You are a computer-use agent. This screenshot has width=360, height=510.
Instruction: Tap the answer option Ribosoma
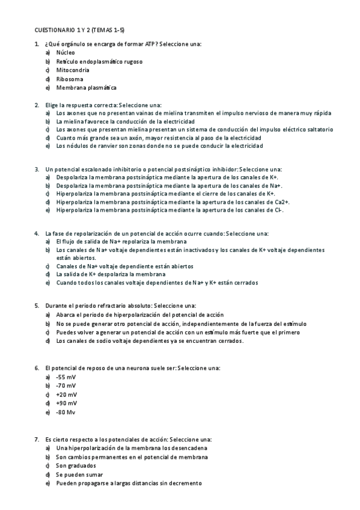click(69, 79)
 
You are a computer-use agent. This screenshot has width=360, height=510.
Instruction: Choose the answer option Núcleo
click(66, 53)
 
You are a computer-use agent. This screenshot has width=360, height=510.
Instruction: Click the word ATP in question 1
click(151, 45)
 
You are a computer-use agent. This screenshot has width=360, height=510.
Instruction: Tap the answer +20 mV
click(66, 394)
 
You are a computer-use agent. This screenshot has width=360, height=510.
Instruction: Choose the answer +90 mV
click(66, 403)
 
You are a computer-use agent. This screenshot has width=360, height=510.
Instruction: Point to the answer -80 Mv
click(66, 412)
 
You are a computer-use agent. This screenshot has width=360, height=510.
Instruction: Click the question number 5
click(37, 306)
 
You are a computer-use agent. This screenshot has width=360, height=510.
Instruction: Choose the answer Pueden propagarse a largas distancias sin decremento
click(129, 483)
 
